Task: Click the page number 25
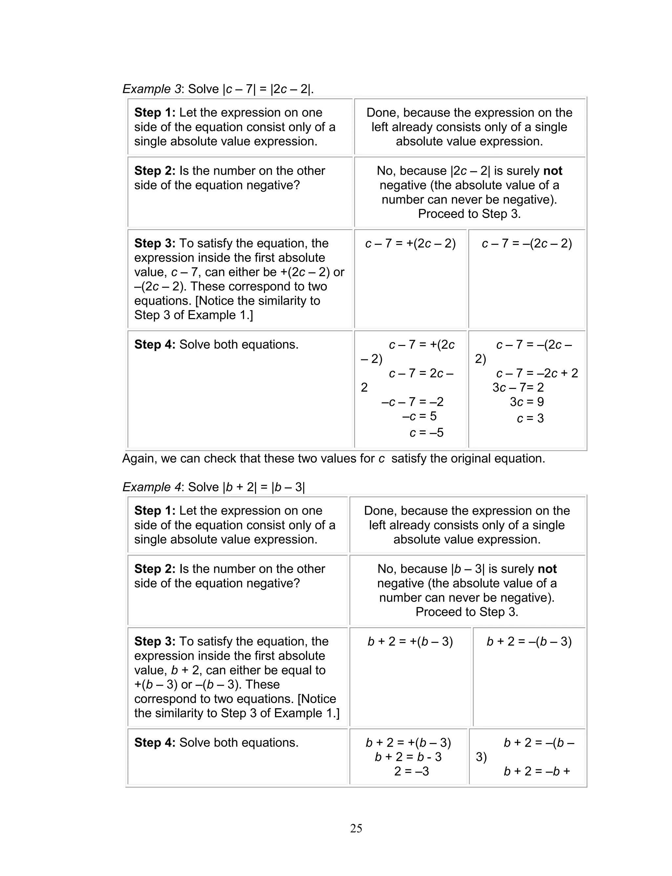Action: click(x=356, y=828)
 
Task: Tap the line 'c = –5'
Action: click(x=427, y=432)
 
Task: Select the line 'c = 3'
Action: click(x=530, y=418)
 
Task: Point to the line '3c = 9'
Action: click(x=527, y=402)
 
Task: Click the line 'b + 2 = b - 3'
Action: click(x=408, y=757)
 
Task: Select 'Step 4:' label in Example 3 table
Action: click(x=155, y=344)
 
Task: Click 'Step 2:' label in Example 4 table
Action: click(x=155, y=568)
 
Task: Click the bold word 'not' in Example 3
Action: click(x=553, y=171)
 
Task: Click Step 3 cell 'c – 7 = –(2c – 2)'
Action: click(x=527, y=244)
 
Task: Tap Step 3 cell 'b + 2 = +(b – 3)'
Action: click(x=410, y=642)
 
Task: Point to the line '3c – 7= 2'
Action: click(x=518, y=387)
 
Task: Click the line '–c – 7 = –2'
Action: click(x=412, y=402)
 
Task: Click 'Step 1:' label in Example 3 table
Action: click(x=155, y=112)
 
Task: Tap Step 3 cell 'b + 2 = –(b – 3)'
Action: click(x=529, y=642)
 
